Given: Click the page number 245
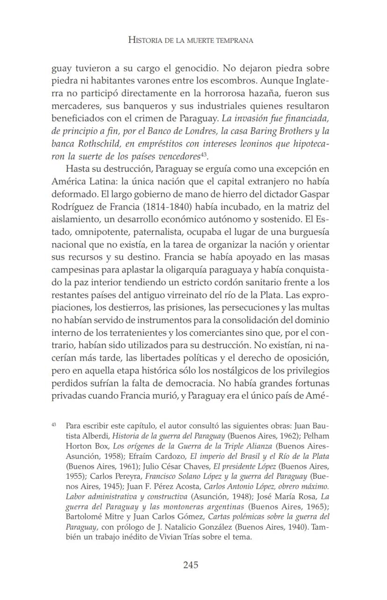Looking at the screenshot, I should pos(191,565).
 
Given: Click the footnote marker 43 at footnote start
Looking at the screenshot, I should pos(54,425).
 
